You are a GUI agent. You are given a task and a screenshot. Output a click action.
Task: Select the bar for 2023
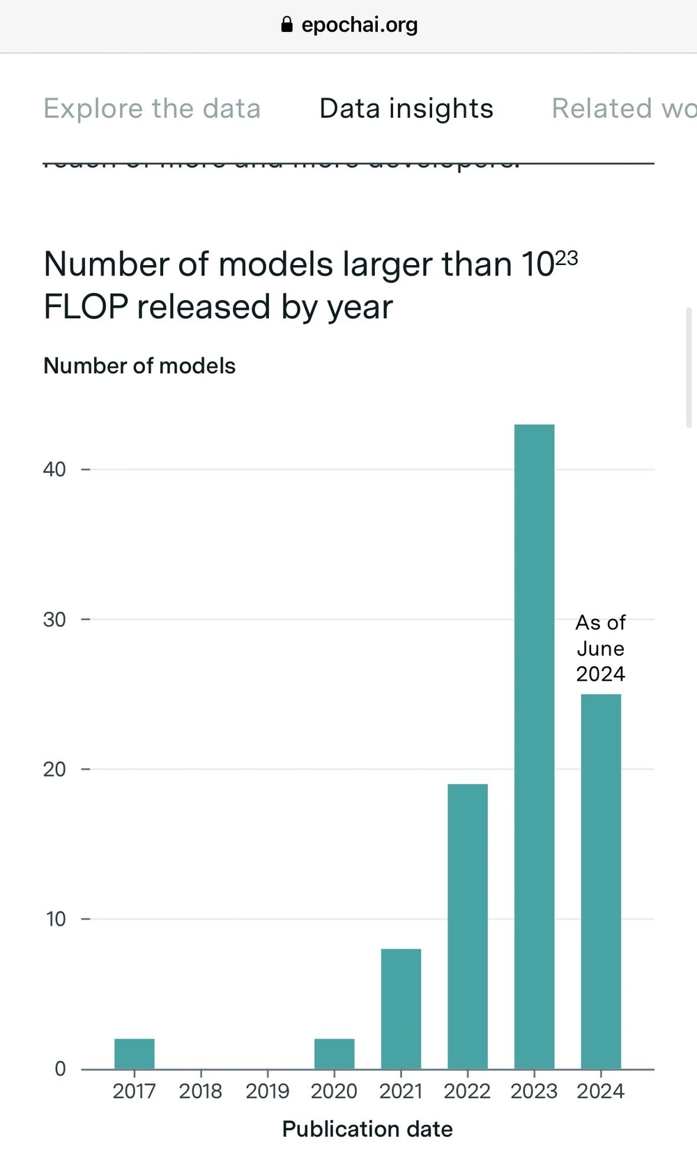(x=534, y=746)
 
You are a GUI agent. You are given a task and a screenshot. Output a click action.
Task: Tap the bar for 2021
(x=401, y=1009)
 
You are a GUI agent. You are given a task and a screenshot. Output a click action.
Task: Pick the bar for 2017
(x=135, y=1054)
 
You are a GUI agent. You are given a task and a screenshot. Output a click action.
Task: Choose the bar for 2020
(x=335, y=1054)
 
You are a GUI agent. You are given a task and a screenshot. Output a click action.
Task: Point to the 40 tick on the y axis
(x=54, y=469)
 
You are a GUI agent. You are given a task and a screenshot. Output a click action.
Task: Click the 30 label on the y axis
(x=54, y=619)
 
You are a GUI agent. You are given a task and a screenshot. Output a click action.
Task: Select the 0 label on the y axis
(x=61, y=1069)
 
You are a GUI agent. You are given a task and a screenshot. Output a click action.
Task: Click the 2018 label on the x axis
(x=201, y=1091)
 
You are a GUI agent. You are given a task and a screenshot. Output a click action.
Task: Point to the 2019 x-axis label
(x=267, y=1091)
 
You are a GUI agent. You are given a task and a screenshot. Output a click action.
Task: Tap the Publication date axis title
(x=367, y=1129)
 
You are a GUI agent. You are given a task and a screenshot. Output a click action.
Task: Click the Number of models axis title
(x=139, y=366)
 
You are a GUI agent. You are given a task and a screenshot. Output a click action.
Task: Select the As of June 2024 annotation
(x=601, y=648)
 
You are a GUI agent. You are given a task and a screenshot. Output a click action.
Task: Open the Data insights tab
(x=406, y=109)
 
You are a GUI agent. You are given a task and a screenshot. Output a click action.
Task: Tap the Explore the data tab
(x=152, y=109)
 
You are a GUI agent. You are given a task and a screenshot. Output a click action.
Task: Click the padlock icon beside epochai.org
(x=286, y=25)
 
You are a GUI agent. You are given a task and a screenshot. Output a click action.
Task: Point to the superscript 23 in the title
(x=567, y=258)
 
